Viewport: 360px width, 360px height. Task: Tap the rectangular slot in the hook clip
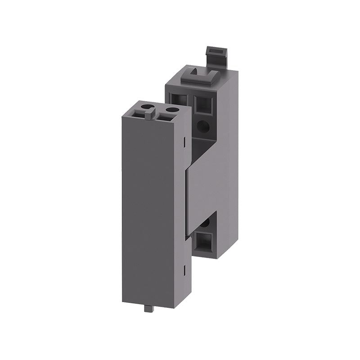coord(214,52)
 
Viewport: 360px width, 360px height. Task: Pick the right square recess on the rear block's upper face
coord(204,104)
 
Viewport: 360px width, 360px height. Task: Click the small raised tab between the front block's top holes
coord(149,115)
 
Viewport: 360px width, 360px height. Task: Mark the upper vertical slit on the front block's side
coord(185,141)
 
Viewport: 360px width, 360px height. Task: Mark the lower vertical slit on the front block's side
coord(185,270)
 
